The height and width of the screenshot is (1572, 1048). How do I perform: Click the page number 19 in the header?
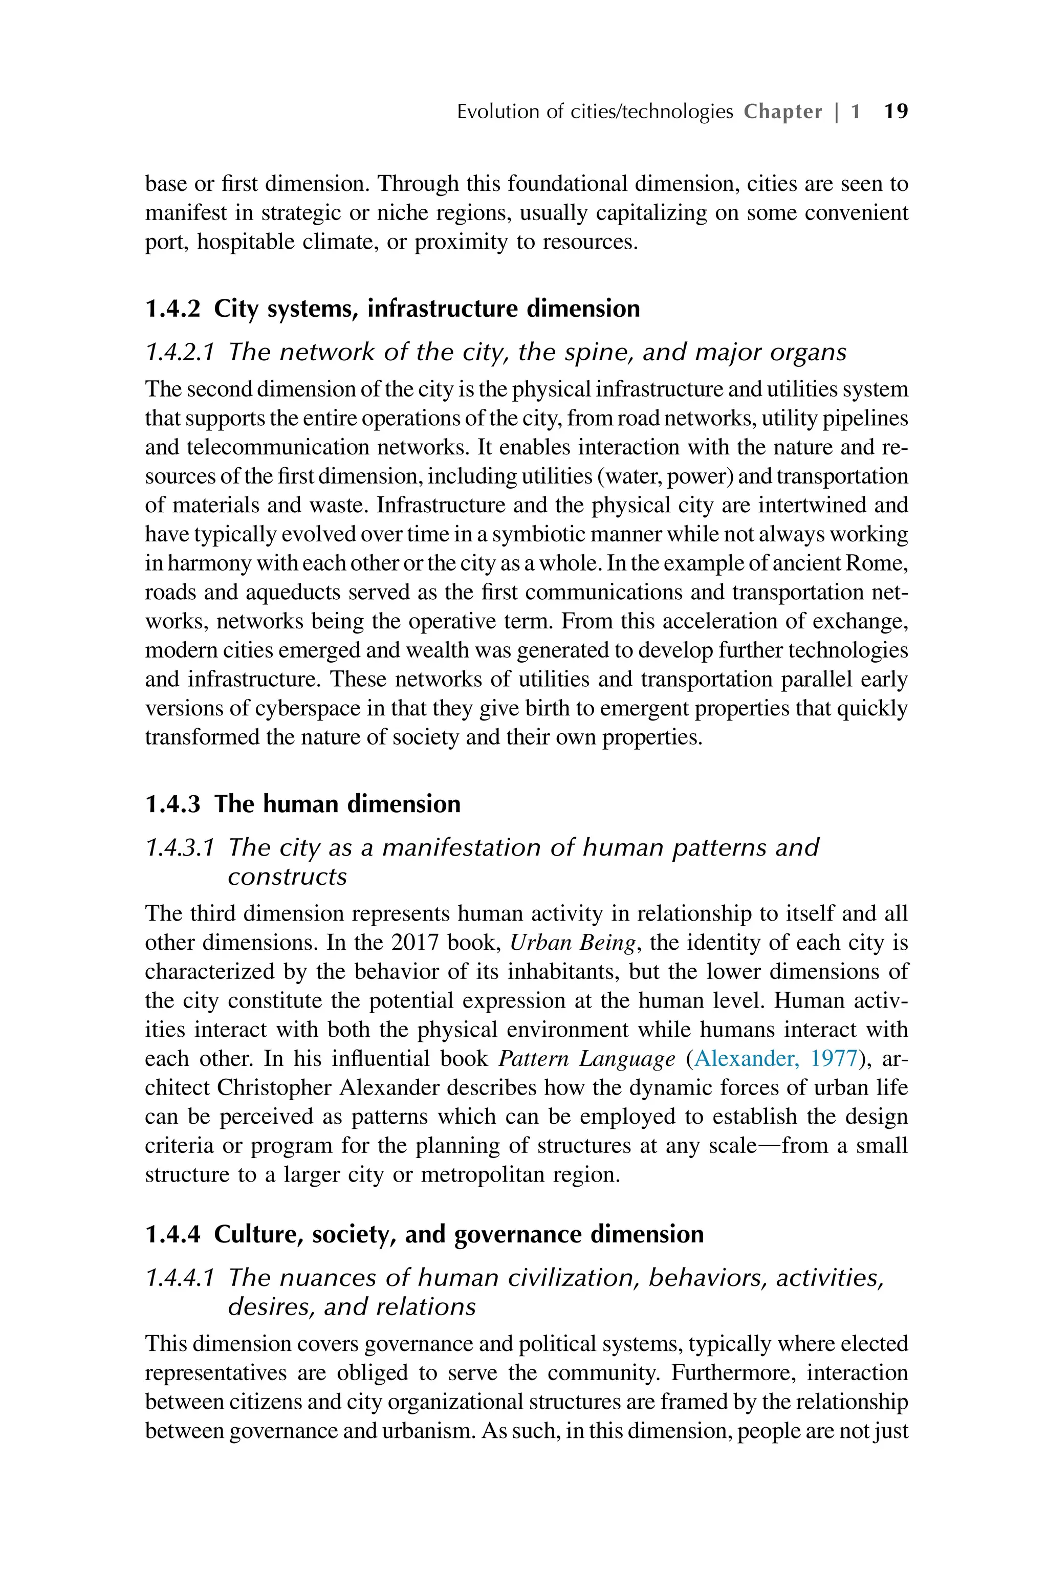point(896,111)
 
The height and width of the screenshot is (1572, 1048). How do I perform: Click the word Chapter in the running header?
point(782,111)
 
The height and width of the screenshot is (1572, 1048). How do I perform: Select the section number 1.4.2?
point(172,309)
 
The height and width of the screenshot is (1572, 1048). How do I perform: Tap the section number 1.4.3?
point(172,803)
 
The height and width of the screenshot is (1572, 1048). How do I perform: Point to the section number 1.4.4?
point(172,1234)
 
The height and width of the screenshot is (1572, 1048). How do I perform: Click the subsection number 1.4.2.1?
point(180,352)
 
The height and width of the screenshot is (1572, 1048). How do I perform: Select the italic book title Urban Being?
point(572,943)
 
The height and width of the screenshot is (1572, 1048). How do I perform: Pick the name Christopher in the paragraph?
point(275,1087)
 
